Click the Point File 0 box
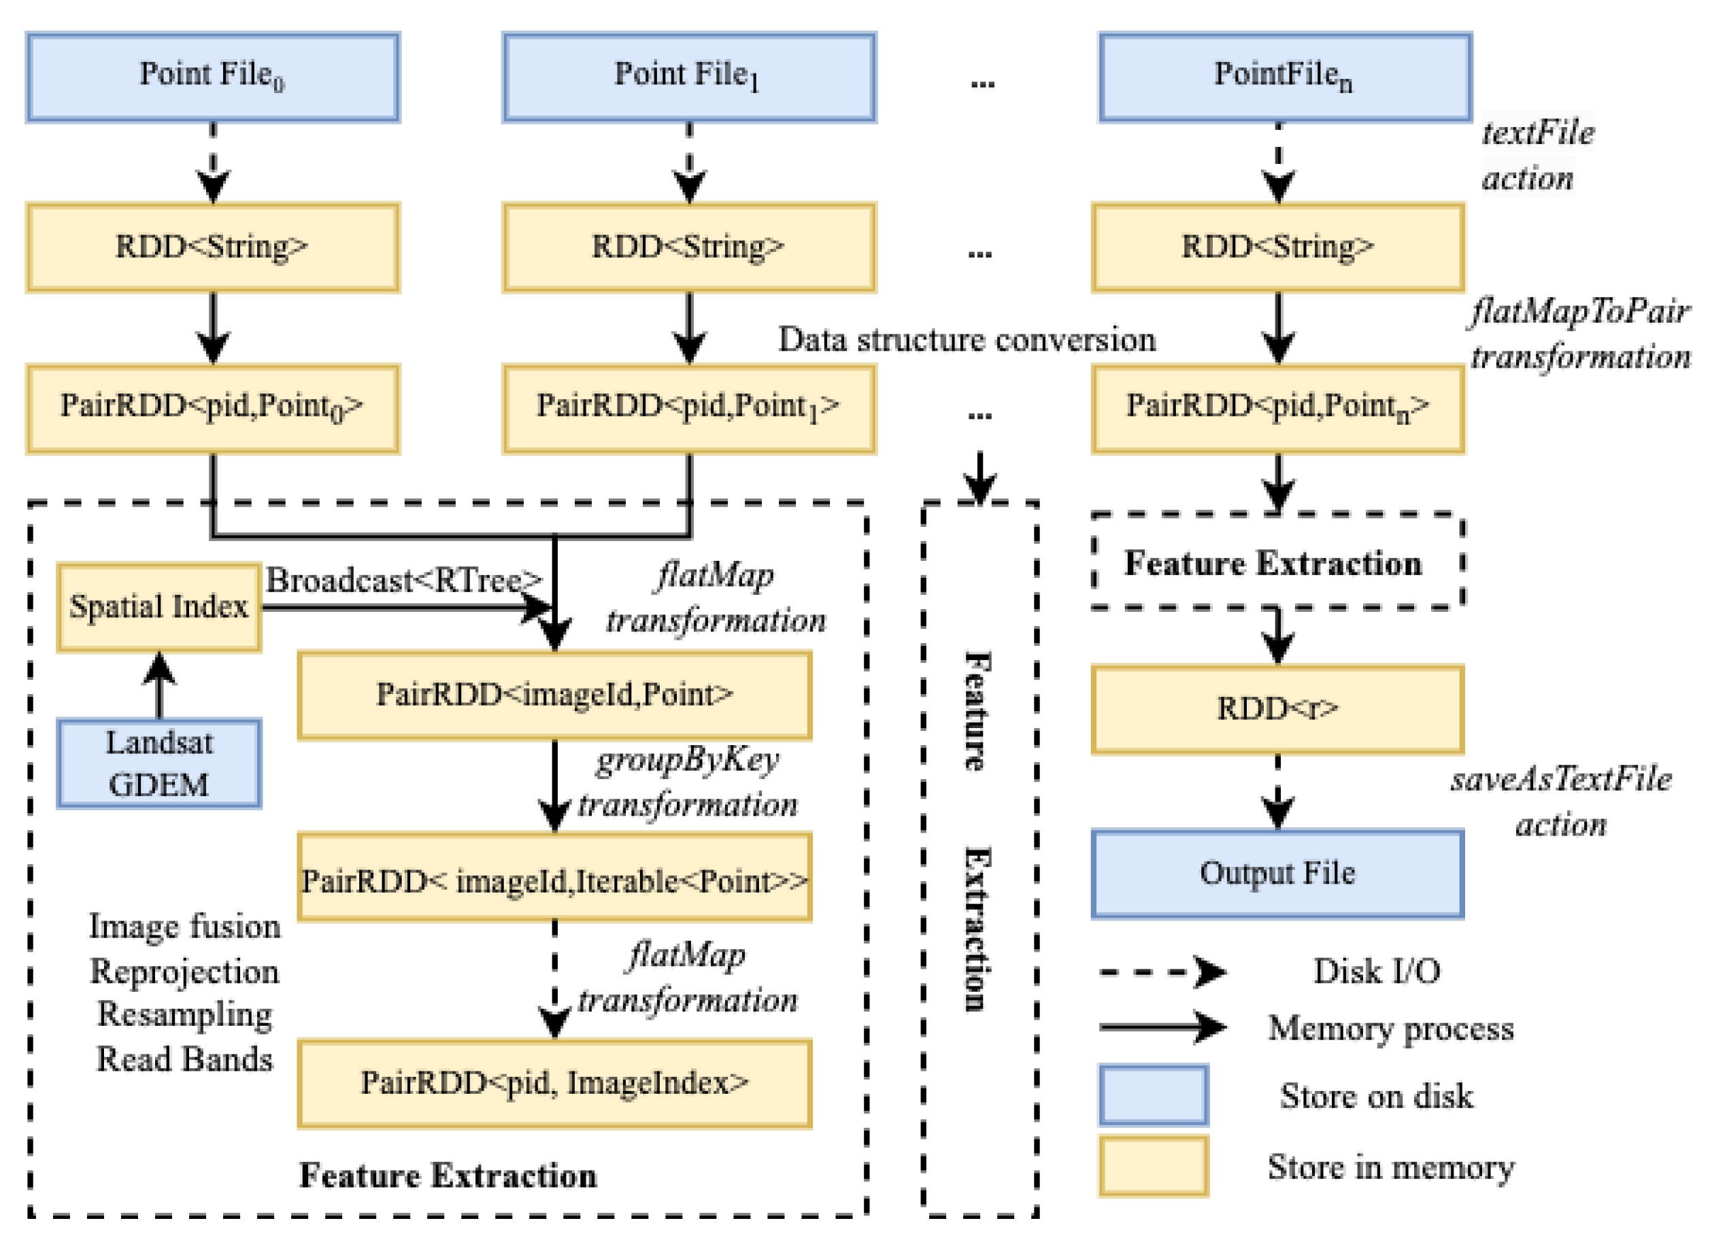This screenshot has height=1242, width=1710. (213, 77)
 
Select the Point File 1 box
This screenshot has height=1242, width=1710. (689, 77)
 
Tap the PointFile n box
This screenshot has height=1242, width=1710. (1285, 77)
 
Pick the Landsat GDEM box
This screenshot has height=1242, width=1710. (159, 764)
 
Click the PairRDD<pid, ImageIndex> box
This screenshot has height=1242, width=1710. (554, 1084)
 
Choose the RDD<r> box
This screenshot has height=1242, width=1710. (1277, 709)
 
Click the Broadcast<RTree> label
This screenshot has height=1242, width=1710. (403, 581)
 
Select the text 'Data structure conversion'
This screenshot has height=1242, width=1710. (967, 340)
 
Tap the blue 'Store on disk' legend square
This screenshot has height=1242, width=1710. (1153, 1095)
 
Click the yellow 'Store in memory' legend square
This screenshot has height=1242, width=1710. (1153, 1167)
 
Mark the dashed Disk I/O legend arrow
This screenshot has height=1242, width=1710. (1161, 972)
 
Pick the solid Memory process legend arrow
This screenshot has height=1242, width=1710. (1161, 1027)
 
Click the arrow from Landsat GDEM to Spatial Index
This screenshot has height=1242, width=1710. (159, 686)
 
